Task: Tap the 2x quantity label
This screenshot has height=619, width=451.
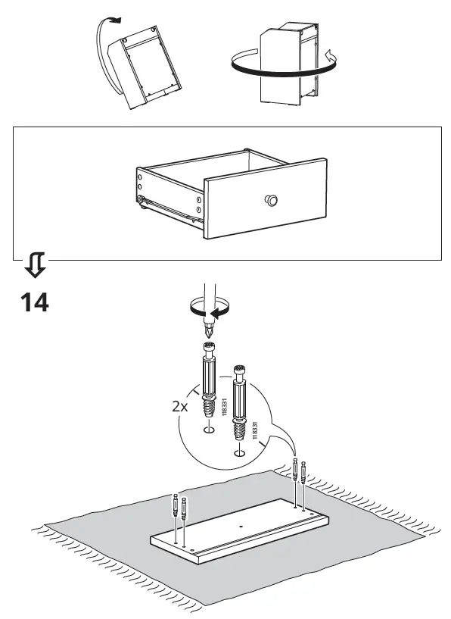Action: [179, 406]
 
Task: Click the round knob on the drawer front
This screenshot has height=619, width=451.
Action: [270, 200]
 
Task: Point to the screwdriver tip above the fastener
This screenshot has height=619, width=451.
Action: [210, 332]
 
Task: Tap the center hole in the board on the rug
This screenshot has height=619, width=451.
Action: [241, 526]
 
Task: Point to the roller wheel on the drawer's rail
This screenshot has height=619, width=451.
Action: [142, 202]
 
